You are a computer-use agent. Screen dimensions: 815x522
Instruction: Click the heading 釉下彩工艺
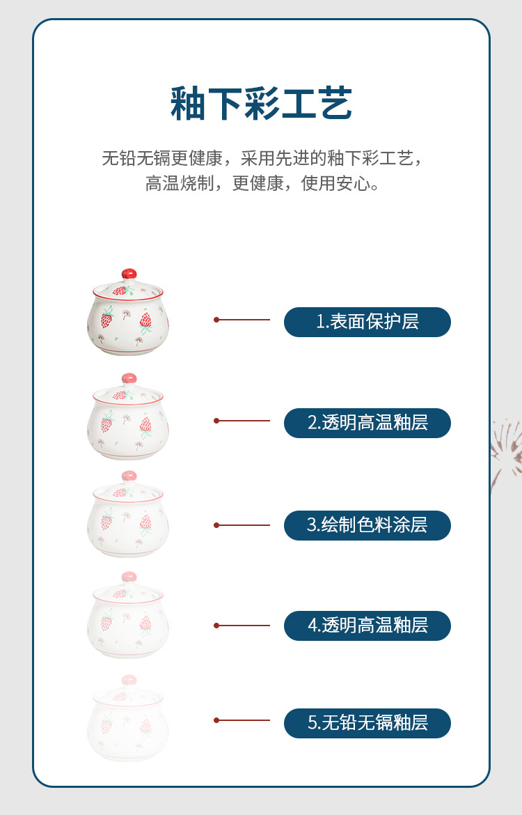click(261, 104)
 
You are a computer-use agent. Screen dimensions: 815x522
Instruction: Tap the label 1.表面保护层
click(367, 322)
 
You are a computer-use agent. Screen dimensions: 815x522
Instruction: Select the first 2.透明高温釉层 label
click(367, 423)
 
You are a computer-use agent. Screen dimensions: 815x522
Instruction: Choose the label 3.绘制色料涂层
click(367, 525)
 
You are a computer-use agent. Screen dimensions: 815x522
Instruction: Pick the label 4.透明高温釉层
click(367, 626)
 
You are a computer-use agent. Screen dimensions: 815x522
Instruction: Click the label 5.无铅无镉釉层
click(367, 723)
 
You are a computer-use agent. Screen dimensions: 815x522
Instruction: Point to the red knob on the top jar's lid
click(129, 274)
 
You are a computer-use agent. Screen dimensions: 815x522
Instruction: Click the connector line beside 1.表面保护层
click(242, 320)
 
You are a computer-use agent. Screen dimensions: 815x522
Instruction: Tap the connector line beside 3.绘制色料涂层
click(242, 525)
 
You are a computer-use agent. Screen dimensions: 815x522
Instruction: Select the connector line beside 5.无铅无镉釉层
click(242, 720)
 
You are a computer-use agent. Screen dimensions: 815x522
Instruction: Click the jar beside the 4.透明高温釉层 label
click(128, 616)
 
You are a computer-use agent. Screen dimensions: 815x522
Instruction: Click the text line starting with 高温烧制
click(261, 184)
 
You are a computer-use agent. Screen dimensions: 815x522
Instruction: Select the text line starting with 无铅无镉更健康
click(261, 158)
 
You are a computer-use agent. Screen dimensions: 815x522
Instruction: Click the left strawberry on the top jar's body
click(106, 320)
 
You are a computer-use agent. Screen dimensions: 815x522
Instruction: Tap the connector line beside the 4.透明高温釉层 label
click(242, 626)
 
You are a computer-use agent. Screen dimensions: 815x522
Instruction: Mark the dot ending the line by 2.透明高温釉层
click(216, 421)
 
